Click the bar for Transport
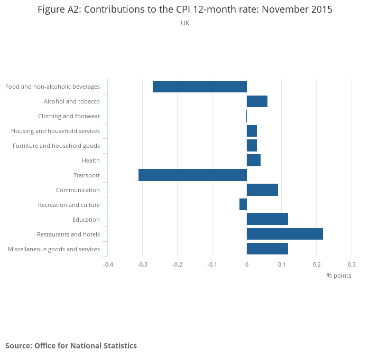click(192, 175)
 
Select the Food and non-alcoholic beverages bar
click(200, 87)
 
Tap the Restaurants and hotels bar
click(284, 234)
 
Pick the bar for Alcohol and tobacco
click(257, 101)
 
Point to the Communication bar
click(262, 190)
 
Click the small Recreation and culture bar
click(243, 205)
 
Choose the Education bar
click(267, 220)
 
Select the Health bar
click(253, 160)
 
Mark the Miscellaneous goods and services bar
click(267, 249)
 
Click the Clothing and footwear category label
click(69, 116)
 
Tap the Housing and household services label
click(55, 131)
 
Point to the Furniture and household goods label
click(56, 146)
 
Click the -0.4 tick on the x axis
click(108, 264)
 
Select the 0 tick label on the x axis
click(247, 264)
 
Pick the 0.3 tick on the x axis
click(351, 264)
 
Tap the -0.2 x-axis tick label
click(178, 264)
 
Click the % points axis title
click(339, 276)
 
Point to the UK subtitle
click(185, 23)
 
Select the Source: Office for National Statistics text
click(71, 346)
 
